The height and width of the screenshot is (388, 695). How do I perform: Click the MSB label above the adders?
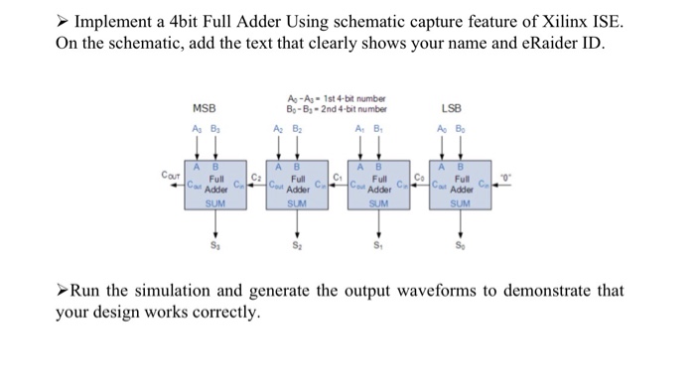click(x=205, y=108)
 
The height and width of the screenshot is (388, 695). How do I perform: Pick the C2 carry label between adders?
click(x=255, y=177)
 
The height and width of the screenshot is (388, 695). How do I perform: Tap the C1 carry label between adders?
click(x=338, y=177)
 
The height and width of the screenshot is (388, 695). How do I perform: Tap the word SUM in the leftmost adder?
click(x=215, y=203)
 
